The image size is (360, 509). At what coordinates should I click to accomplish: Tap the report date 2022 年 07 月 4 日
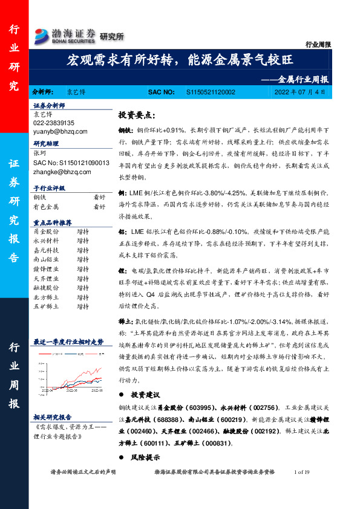pyautogui.click(x=299, y=92)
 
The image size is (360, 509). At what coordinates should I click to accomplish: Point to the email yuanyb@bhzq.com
pyautogui.click(x=60, y=131)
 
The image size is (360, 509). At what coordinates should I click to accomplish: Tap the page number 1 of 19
pyautogui.click(x=301, y=472)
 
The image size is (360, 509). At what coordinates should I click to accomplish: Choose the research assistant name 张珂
pyautogui.click(x=39, y=154)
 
